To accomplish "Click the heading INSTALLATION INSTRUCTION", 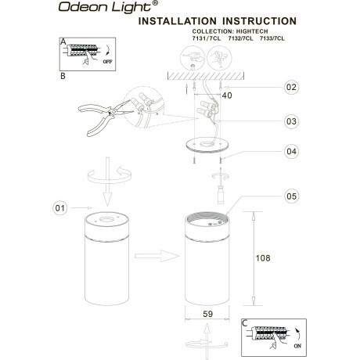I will pos(217,21).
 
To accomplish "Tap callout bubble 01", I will pos(60,208).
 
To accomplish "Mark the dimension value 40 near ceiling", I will pos(227,95).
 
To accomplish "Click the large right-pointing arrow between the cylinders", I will pos(156,255).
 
